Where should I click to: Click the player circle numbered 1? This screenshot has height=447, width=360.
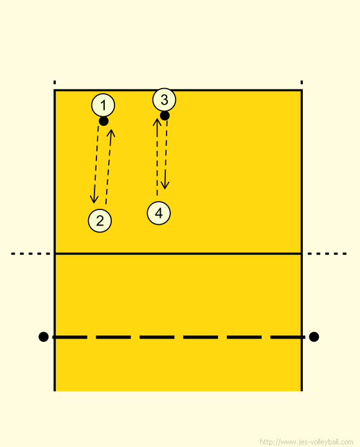coord(103,105)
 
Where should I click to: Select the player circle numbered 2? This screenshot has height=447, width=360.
coord(100,221)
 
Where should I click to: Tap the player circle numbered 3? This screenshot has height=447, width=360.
coord(165,100)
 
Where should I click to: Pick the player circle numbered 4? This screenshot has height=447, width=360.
coord(159,213)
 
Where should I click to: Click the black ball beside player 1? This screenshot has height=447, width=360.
coord(104,121)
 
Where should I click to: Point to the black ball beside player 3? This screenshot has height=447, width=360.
coord(165,116)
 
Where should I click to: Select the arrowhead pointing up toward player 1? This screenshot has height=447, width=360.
coord(111,134)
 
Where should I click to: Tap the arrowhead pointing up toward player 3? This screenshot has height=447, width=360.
coord(157,122)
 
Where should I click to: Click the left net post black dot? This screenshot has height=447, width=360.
coord(43,337)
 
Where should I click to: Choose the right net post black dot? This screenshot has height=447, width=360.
coord(314,337)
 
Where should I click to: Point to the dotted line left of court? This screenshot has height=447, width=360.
coord(30,254)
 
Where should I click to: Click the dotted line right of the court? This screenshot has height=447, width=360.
coord(327,254)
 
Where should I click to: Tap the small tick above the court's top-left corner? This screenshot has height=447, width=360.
coord(55,82)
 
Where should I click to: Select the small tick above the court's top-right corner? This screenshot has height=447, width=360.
coord(301,82)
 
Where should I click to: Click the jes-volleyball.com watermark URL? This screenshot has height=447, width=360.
coord(307,442)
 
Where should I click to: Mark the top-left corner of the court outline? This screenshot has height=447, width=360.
coord(55,91)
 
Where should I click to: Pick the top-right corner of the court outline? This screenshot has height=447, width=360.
coord(301,91)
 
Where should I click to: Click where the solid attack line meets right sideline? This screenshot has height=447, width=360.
coord(301,254)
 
